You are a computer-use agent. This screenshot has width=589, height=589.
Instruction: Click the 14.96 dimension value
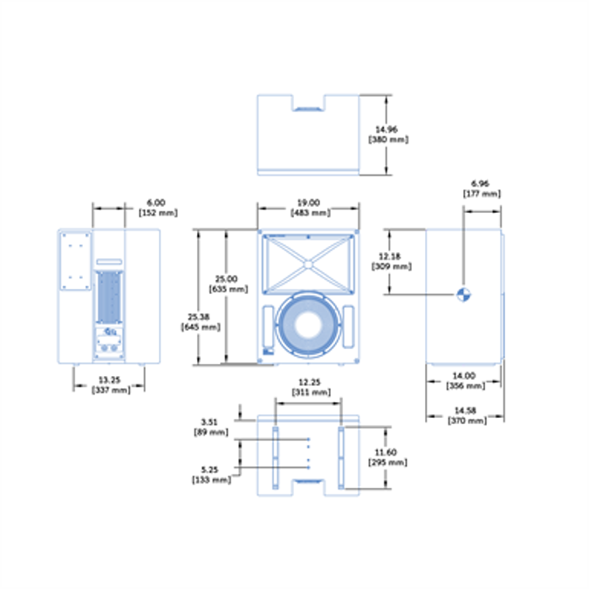387,129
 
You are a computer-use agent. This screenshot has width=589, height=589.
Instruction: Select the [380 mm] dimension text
387,140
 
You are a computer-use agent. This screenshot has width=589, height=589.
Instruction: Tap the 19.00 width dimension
309,202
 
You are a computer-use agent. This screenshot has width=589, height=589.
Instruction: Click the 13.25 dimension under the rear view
110,380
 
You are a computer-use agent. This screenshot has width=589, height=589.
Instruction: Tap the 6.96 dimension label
481,184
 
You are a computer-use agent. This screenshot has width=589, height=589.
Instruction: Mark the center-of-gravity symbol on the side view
463,294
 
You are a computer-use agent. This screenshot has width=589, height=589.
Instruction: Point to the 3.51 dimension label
210,421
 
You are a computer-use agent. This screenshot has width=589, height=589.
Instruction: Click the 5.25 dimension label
210,469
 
